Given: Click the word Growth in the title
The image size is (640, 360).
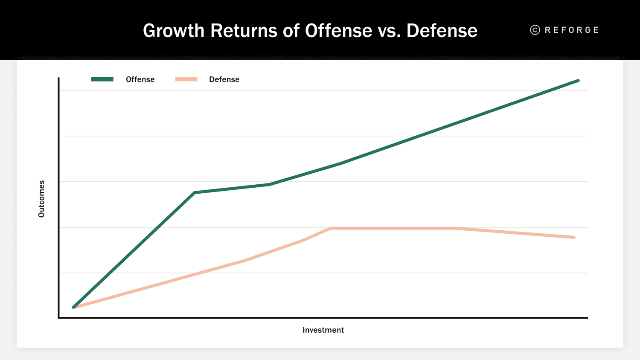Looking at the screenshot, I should [x=174, y=31].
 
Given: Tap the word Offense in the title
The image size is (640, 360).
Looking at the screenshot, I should [x=339, y=31].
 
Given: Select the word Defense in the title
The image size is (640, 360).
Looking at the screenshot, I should [x=442, y=31].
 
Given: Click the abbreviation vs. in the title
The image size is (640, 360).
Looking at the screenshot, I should [x=389, y=31].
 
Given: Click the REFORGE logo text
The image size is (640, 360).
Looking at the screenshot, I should [x=572, y=30].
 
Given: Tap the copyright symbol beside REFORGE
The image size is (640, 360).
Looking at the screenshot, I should [x=535, y=30].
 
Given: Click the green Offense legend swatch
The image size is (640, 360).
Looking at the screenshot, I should [x=102, y=79].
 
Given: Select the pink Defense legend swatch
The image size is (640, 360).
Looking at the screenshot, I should [x=186, y=79].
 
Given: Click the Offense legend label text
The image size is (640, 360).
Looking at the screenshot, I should [x=140, y=79].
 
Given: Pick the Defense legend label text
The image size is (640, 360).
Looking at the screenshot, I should [x=224, y=79].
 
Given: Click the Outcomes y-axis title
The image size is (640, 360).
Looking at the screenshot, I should [x=41, y=199].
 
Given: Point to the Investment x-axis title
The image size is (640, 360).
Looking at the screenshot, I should [x=323, y=330].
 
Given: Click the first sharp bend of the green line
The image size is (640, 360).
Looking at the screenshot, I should [x=195, y=192].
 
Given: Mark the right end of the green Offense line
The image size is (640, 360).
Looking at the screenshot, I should [x=578, y=81].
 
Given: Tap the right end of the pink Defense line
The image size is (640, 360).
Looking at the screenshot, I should [x=574, y=237].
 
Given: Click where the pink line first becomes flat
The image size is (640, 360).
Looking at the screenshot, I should [x=331, y=228].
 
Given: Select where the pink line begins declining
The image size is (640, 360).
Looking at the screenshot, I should [x=456, y=228].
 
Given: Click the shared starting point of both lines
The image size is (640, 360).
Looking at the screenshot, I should [x=74, y=307].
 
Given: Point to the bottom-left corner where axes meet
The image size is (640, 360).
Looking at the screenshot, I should [x=58, y=318].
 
